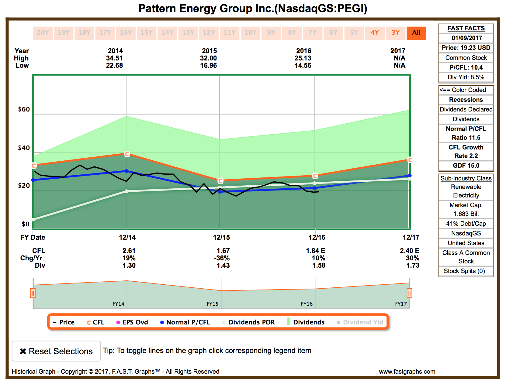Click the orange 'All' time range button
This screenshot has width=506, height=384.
416,33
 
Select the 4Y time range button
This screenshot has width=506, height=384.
375,33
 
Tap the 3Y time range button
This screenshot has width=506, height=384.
395,33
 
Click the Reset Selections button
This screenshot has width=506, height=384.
56,351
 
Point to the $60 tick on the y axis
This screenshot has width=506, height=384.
24,109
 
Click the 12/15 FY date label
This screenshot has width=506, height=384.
221,237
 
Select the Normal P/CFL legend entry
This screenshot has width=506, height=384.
185,322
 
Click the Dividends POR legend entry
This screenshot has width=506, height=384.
248,322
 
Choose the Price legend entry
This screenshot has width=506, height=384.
64,322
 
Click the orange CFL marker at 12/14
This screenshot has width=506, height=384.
127,154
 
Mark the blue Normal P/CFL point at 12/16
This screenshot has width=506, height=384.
314,188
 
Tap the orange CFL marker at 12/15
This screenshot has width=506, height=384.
220,181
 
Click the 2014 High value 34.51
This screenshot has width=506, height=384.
114,58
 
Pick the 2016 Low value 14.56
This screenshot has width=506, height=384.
303,65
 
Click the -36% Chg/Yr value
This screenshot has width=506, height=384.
222,258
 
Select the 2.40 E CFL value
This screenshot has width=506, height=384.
409,251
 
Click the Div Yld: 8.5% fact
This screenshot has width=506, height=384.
466,77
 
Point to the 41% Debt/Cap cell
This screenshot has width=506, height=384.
466,224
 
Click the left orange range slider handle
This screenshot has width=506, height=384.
33,293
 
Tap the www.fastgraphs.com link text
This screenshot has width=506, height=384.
407,372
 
